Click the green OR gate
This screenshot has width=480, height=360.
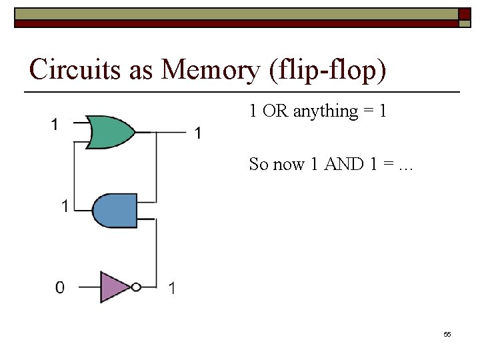(111, 132)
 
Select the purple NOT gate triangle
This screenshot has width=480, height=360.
(114, 287)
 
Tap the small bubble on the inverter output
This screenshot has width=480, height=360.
(136, 287)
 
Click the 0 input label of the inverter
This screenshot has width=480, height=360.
(60, 288)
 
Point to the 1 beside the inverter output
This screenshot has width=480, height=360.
(172, 288)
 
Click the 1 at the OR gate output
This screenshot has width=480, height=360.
(198, 133)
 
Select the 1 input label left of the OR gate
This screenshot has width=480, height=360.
(55, 124)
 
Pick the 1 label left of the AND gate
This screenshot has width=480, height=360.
(65, 206)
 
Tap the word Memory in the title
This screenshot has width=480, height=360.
(210, 69)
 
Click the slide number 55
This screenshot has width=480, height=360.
(447, 334)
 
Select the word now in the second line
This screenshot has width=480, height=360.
(289, 164)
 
